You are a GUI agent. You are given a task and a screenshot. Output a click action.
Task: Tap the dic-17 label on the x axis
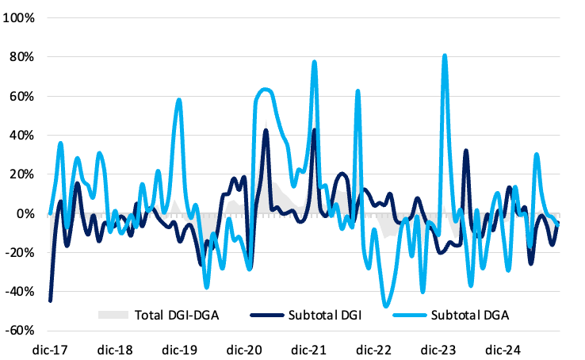pyautogui.click(x=50, y=350)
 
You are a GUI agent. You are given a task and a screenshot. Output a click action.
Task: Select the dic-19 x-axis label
pyautogui.click(x=179, y=350)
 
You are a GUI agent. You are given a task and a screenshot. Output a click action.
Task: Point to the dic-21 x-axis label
pyautogui.click(x=309, y=350)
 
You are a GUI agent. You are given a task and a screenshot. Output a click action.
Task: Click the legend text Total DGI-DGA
pyautogui.click(x=177, y=315)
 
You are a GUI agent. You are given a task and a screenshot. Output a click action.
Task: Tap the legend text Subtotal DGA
pyautogui.click(x=470, y=315)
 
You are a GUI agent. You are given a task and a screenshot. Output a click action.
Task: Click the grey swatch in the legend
pyautogui.click(x=113, y=315)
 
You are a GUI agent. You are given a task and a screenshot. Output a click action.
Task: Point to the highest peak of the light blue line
pyautogui.click(x=445, y=55)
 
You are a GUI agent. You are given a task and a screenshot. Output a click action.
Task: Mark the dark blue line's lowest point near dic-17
pyautogui.click(x=50, y=301)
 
